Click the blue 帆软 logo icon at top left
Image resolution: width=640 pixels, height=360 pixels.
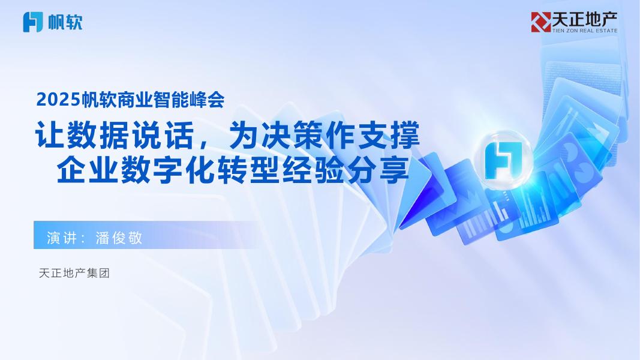tap(32, 22)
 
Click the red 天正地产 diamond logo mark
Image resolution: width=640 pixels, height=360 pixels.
tap(540, 22)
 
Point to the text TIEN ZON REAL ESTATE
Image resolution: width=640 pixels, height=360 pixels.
tap(584, 31)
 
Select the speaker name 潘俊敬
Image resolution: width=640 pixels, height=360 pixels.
tap(119, 237)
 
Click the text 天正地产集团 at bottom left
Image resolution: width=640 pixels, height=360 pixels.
tap(74, 274)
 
